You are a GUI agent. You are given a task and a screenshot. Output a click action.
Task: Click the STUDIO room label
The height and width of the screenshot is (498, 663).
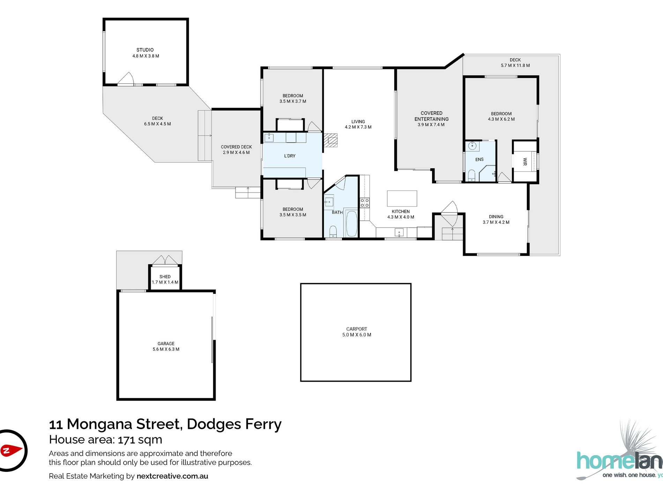(x=145, y=50)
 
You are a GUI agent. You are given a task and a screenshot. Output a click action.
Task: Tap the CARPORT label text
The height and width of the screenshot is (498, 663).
(x=357, y=329)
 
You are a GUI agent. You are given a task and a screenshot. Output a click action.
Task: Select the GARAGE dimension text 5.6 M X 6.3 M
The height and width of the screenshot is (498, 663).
(x=166, y=349)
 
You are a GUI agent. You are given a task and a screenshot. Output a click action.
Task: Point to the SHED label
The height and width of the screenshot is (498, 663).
(x=165, y=276)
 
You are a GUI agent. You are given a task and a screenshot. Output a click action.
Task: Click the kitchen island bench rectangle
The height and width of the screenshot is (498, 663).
(x=402, y=199)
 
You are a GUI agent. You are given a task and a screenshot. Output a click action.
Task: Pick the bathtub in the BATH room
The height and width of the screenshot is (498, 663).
(x=351, y=223)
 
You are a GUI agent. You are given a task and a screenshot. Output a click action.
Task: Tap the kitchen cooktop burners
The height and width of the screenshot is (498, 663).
(x=365, y=203)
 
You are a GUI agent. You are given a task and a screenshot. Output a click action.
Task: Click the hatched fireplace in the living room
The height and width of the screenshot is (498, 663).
(x=330, y=140)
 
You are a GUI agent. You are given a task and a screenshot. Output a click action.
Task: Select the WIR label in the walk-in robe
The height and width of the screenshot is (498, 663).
(x=525, y=161)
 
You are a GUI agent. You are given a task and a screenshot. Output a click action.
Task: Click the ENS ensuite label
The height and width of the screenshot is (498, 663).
(x=479, y=159)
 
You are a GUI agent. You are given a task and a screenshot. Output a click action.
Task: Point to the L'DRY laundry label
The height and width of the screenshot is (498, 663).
(x=290, y=156)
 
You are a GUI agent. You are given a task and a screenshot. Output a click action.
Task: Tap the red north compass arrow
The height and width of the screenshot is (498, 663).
(x=11, y=450)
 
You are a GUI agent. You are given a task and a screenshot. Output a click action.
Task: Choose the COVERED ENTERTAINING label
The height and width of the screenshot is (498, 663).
(x=432, y=116)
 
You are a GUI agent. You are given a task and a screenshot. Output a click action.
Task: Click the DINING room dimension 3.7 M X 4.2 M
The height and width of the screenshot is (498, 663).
(x=496, y=222)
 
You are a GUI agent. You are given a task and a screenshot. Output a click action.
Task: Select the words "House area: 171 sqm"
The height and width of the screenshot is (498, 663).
(x=106, y=439)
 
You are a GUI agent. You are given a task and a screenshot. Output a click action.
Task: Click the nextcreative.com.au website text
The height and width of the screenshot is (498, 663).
(x=172, y=476)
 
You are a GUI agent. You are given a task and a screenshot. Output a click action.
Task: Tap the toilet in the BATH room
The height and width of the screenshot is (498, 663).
(x=333, y=231)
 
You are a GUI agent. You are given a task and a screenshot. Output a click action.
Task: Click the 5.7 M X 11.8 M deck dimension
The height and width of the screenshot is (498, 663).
(x=515, y=65)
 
